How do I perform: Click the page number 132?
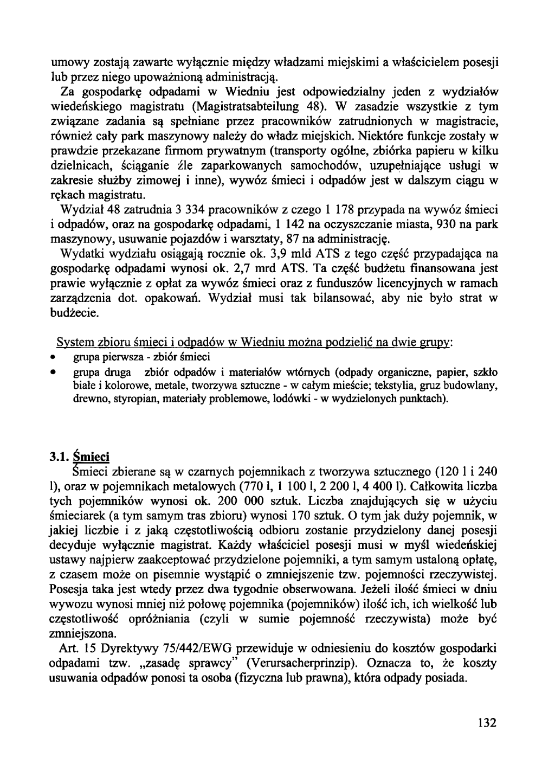(487, 722)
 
